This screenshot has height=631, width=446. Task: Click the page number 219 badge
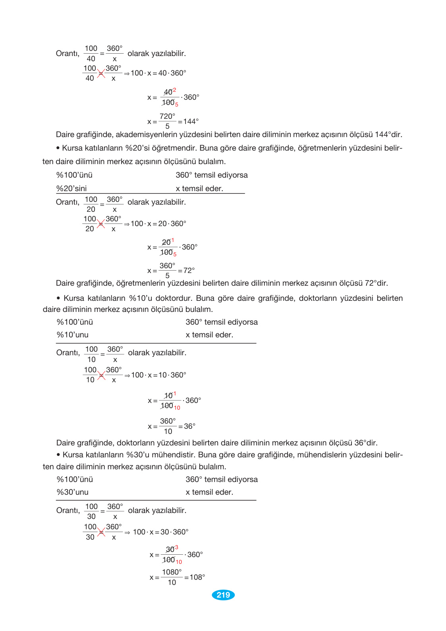tap(223, 595)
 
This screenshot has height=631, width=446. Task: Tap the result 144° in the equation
tap(191, 122)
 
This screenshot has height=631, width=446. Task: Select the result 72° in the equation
tap(189, 271)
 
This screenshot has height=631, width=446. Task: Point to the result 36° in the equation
tap(189, 426)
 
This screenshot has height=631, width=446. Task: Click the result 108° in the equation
tap(197, 577)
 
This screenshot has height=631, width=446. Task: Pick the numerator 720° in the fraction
tap(167, 116)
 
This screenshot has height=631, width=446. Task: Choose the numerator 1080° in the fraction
tap(172, 572)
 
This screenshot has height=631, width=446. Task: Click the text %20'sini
tap(71, 189)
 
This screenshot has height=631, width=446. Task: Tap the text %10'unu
tap(73, 335)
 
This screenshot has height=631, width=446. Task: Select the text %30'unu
tap(73, 492)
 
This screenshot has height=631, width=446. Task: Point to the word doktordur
tap(174, 298)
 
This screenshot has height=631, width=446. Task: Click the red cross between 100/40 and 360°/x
tap(101, 74)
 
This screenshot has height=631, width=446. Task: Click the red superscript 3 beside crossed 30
tap(177, 547)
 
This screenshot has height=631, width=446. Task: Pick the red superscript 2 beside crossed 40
tap(174, 90)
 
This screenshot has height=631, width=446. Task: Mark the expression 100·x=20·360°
tap(158, 224)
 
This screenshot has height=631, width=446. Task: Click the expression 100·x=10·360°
tap(158, 375)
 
